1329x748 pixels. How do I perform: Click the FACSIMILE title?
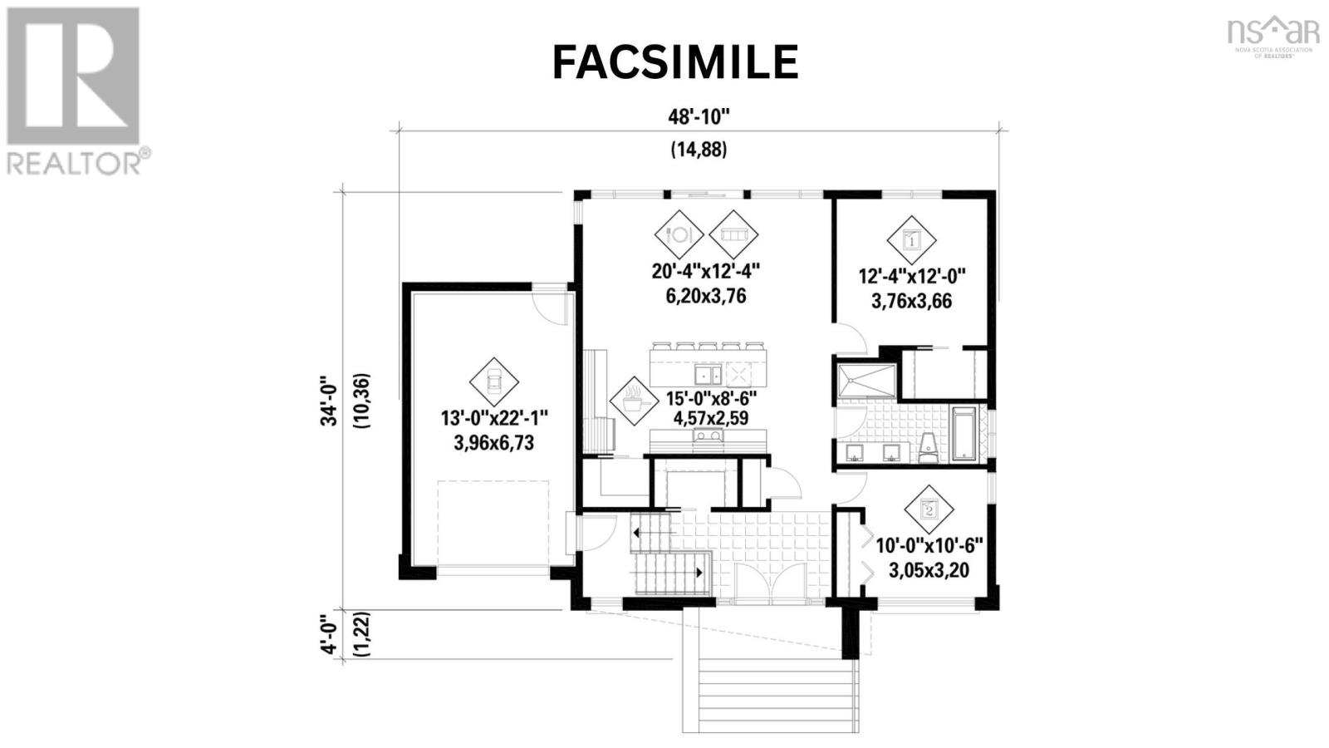click(x=675, y=62)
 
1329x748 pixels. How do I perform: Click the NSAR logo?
click(x=1273, y=37)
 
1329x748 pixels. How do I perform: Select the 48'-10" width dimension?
click(x=699, y=117)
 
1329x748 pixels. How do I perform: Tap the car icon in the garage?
click(x=493, y=382)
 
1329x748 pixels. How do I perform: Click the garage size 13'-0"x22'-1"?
click(x=493, y=418)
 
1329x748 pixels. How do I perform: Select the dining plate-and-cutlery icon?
click(x=679, y=234)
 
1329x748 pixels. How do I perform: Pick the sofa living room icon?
click(x=733, y=234)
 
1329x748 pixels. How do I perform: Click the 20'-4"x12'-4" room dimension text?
click(x=706, y=271)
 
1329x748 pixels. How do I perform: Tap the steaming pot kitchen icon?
click(x=635, y=401)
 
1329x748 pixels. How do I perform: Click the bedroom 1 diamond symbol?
click(x=911, y=240)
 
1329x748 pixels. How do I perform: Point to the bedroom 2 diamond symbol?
click(x=929, y=509)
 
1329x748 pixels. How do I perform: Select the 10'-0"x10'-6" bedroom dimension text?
click(x=929, y=545)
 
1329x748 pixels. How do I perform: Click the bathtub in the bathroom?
click(x=964, y=434)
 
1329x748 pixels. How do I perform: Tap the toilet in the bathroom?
click(x=928, y=447)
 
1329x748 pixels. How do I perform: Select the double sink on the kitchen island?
click(x=709, y=375)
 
